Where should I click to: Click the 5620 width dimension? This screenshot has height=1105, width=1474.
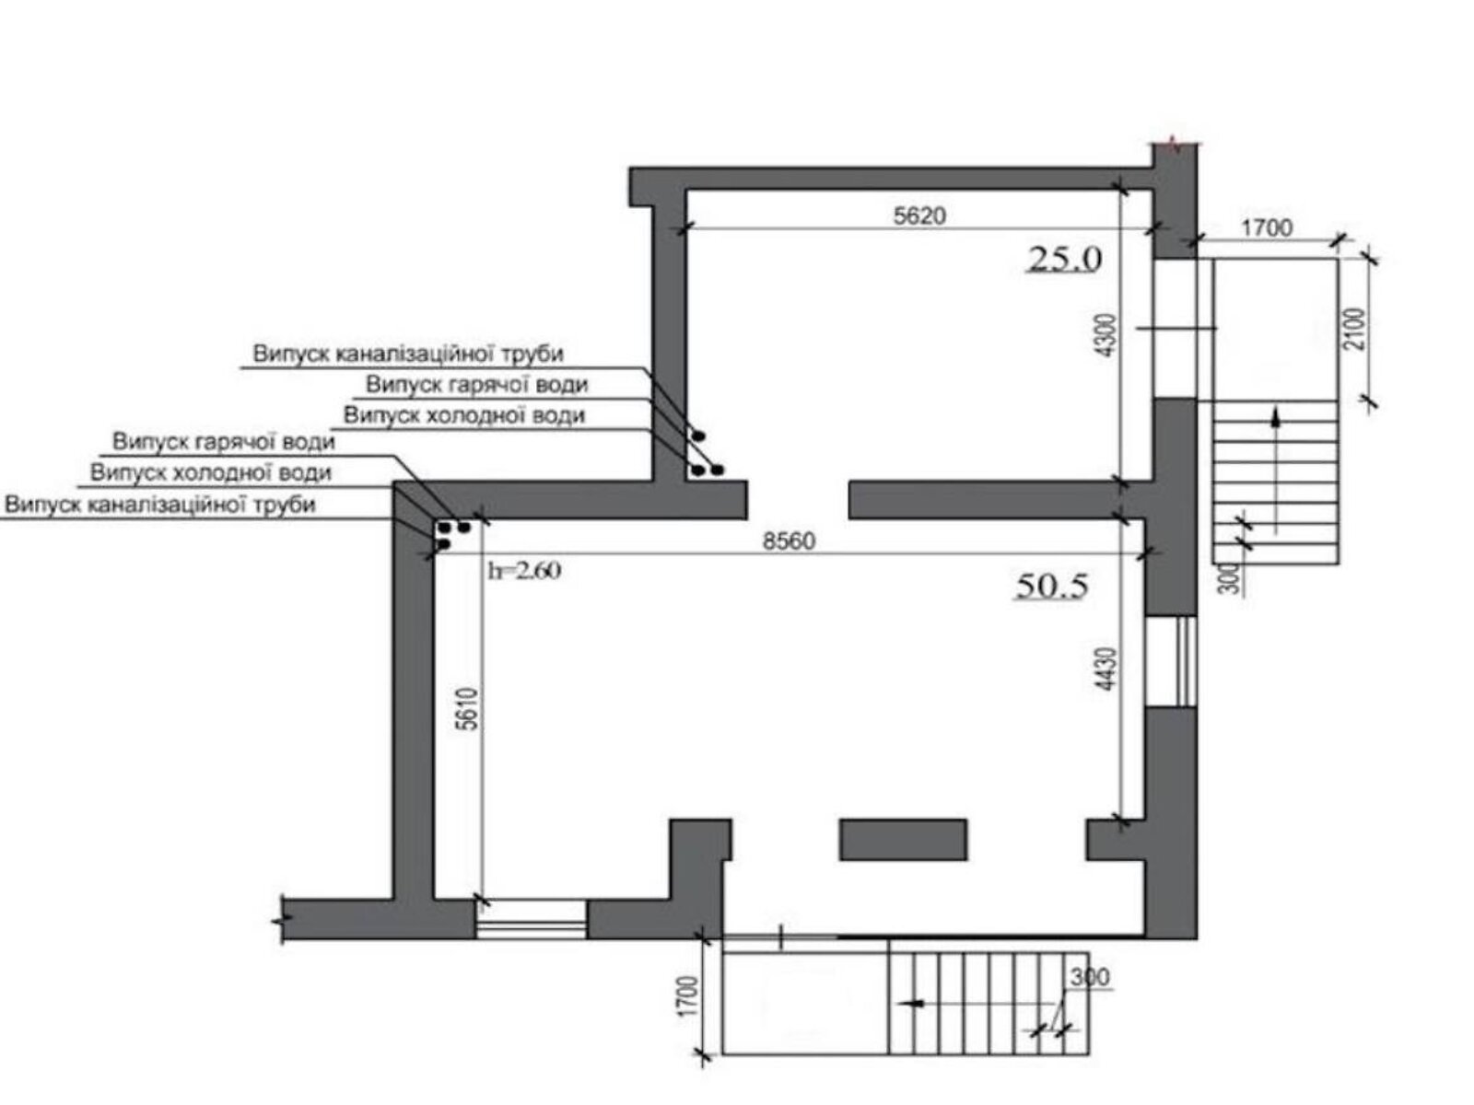pos(919,215)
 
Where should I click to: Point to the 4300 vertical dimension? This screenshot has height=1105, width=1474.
pos(1107,335)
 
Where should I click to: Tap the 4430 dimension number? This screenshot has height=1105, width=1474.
pos(1107,669)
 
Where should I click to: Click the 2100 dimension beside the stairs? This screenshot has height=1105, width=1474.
pos(1356,329)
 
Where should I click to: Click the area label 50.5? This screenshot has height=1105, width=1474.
pos(1052,586)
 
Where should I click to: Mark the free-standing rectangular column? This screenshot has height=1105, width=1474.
pos(903,839)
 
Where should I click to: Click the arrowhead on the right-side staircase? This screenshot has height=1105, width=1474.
pos(1276,417)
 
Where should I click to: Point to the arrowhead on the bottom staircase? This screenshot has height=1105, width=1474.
pos(913,1003)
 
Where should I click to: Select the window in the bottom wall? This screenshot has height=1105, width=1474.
pos(532,919)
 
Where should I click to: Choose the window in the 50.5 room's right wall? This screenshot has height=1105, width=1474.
pos(1170,661)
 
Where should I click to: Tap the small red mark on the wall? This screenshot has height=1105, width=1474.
pos(1174,144)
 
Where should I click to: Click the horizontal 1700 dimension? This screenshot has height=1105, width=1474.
pos(1266,228)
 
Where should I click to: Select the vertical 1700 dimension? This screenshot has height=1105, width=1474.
pos(689,995)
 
